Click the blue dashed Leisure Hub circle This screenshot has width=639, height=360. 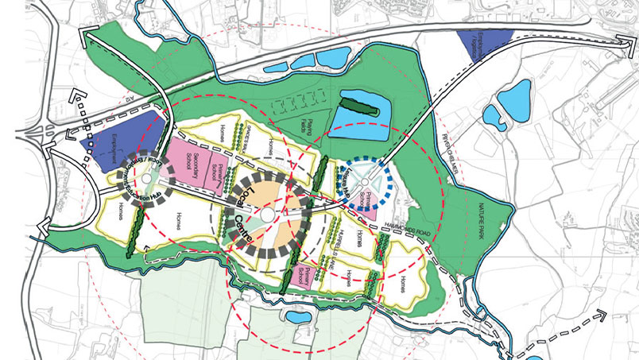(x=362, y=184)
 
